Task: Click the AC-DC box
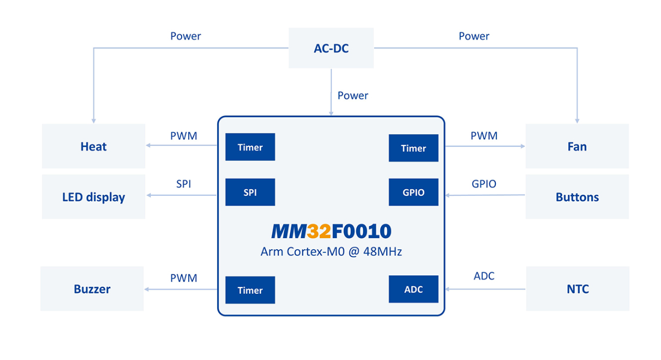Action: click(331, 48)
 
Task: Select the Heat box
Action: click(93, 147)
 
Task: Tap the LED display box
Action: click(93, 197)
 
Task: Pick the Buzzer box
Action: click(92, 289)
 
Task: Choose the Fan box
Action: click(577, 147)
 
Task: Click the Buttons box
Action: click(577, 197)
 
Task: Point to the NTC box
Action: click(578, 289)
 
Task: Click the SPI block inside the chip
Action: click(250, 193)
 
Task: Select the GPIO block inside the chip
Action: click(414, 193)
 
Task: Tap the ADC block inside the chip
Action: click(414, 289)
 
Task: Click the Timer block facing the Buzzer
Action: click(250, 290)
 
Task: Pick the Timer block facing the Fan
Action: click(414, 148)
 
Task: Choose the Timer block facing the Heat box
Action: click(250, 147)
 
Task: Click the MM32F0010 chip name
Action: click(331, 231)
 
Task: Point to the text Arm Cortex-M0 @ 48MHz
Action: click(331, 252)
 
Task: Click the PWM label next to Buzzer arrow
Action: click(184, 278)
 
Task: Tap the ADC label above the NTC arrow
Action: click(484, 276)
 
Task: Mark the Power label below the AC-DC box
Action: click(353, 95)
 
